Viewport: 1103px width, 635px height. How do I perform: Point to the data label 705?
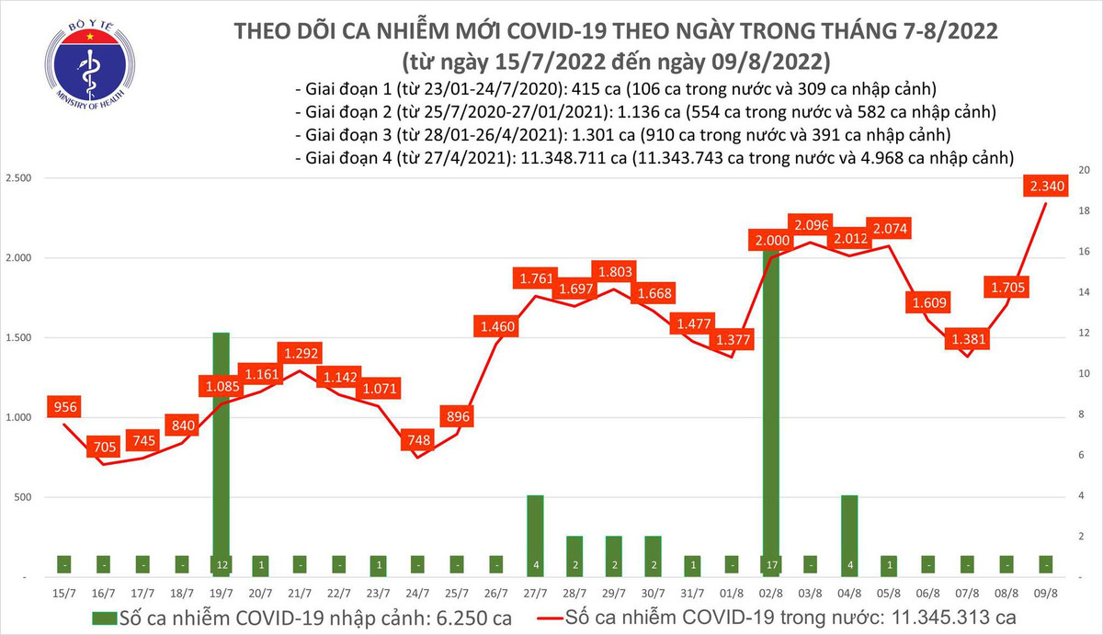coord(103,448)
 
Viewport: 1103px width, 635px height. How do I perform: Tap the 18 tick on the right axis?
coord(1085,211)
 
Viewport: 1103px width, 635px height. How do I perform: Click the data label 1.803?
coord(615,272)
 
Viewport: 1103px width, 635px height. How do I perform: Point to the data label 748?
coord(417,441)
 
